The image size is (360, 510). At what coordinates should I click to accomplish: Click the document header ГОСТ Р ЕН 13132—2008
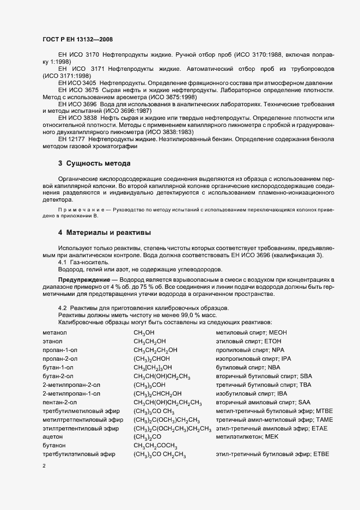(x=77, y=39)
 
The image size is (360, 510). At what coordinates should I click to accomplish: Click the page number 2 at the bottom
(x=44, y=466)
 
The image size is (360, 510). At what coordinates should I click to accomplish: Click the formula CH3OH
(x=144, y=333)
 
